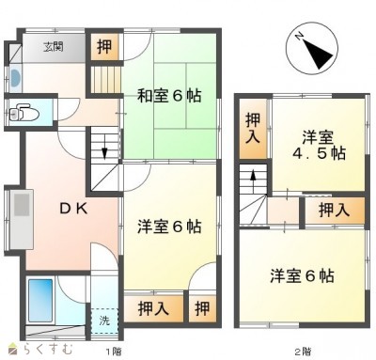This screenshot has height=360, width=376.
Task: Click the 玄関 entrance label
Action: pyautogui.click(x=54, y=47)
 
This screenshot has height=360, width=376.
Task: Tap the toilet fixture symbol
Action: pyautogui.click(x=23, y=113)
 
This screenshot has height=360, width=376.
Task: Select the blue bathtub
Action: pyautogui.click(x=40, y=301)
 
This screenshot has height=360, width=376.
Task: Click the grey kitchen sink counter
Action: pyautogui.click(x=22, y=219)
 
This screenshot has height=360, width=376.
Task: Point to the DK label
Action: pyautogui.click(x=74, y=209)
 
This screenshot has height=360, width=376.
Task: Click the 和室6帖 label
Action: pyautogui.click(x=169, y=96)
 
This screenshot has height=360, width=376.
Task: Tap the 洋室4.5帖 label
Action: pyautogui.click(x=319, y=146)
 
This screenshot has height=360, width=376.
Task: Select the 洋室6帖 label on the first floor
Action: pyautogui.click(x=169, y=227)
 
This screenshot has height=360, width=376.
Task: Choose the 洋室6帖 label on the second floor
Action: pyautogui.click(x=302, y=276)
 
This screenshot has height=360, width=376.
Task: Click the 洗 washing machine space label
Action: pyautogui.click(x=104, y=321)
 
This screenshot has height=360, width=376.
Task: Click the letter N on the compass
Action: pyautogui.click(x=299, y=37)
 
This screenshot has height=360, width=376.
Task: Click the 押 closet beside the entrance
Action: pyautogui.click(x=104, y=47)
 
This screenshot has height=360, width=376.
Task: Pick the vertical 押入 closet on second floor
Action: pyautogui.click(x=253, y=129)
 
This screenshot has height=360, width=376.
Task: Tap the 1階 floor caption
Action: pyautogui.click(x=114, y=352)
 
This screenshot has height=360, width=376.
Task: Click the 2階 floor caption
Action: pyautogui.click(x=303, y=352)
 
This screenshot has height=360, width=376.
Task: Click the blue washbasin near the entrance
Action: pyautogui.click(x=15, y=78)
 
